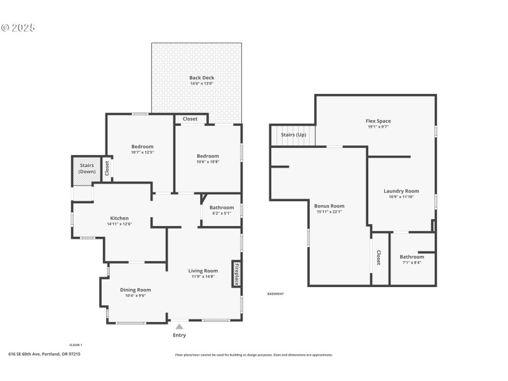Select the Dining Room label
pyautogui.click(x=135, y=290)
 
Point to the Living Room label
pyautogui.click(x=203, y=271)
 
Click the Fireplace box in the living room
pyautogui.click(x=236, y=274)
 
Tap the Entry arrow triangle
pyautogui.click(x=180, y=326)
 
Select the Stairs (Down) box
pyautogui.click(x=86, y=168)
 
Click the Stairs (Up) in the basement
pyautogui.click(x=293, y=135)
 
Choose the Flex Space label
pyautogui.click(x=378, y=121)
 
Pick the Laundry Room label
pyautogui.click(x=401, y=191)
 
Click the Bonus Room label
pyautogui.click(x=329, y=206)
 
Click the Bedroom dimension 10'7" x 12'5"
pyautogui.click(x=142, y=152)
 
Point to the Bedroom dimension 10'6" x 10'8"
pyautogui.click(x=208, y=161)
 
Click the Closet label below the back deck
pyautogui.click(x=190, y=119)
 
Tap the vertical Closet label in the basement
pyautogui.click(x=378, y=257)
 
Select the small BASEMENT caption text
pyautogui.click(x=275, y=293)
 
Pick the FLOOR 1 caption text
pyautogui.click(x=76, y=345)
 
